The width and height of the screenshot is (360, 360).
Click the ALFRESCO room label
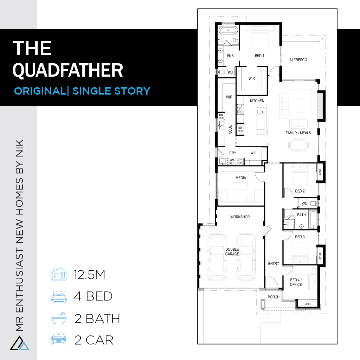298,60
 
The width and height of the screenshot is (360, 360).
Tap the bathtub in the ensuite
228,30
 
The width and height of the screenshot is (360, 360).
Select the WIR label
252,78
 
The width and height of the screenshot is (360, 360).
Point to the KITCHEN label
257,101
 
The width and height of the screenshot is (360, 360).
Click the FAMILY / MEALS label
298,133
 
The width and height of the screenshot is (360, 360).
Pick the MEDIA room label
240,178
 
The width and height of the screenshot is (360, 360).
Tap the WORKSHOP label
240,217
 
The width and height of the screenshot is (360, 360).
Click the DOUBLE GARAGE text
232,252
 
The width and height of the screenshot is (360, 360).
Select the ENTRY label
274,264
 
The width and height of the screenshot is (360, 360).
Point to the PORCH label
274,297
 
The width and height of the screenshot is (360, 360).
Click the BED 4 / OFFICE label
296,282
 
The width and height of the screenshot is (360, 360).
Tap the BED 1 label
259,56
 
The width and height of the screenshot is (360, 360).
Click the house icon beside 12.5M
59,274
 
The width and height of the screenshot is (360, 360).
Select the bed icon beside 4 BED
59,297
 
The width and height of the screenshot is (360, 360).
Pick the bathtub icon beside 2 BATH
59,318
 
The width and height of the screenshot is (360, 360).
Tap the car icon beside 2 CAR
59,339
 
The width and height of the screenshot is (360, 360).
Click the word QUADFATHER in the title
68,70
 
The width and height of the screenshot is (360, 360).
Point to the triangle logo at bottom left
20,343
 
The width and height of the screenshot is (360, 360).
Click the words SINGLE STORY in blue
111,91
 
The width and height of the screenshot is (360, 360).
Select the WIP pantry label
229,97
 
